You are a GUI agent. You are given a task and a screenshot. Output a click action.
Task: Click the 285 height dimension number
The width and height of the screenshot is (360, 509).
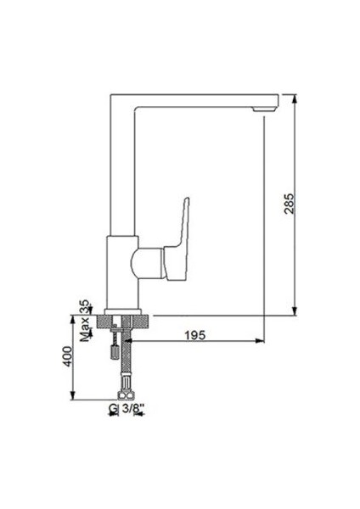click(289, 204)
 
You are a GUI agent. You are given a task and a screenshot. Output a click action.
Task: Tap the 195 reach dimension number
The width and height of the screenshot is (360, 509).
click(195, 335)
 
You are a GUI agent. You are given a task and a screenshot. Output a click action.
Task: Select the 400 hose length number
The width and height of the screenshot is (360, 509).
click(68, 356)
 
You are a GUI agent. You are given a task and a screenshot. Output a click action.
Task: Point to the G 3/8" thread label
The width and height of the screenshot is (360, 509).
click(126, 409)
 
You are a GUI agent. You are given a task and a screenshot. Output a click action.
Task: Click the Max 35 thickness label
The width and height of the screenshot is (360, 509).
click(85, 321)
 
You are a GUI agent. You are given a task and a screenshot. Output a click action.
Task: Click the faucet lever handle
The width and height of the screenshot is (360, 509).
click(177, 239)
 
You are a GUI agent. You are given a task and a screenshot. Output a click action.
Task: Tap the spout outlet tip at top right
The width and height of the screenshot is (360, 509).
click(265, 109)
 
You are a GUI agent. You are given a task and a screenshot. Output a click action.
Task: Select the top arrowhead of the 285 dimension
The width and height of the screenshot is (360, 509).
click(295, 98)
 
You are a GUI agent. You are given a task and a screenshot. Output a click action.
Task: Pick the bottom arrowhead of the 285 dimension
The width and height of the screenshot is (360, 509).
click(295, 310)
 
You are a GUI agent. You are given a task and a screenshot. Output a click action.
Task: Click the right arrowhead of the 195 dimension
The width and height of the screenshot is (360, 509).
click(260, 340)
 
